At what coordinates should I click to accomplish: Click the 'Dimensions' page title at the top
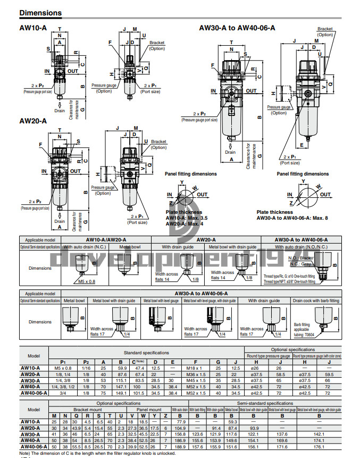40,13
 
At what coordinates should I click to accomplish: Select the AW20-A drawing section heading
33,121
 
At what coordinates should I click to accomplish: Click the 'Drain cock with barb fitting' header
316,301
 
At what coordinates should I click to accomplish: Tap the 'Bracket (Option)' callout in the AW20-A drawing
158,144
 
